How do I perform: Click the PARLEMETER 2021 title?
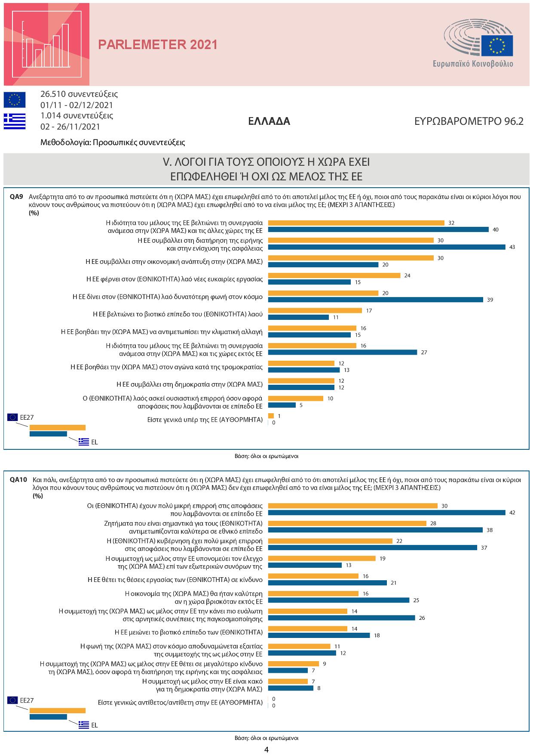pos(158,45)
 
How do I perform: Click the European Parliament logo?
pos(478,46)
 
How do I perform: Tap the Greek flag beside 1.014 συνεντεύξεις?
pos(15,121)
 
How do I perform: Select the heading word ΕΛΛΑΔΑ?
pos(269,121)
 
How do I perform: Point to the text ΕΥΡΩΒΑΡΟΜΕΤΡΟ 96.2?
pos(469,121)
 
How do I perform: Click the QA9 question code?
pos(16,197)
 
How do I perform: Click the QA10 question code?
pos(18,480)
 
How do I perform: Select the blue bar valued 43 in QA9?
pos(386,247)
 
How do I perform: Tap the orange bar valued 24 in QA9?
pos(334,275)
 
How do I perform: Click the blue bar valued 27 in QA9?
pos(343,352)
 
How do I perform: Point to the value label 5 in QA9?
pos(301,405)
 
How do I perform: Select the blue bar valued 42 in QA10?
pos(386,513)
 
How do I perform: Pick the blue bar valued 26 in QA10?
pos(341,618)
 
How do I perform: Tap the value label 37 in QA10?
pos(484,548)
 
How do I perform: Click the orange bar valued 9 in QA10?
pos(294,664)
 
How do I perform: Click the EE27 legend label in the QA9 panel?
pos(27,417)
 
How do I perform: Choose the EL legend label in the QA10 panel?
pos(95,725)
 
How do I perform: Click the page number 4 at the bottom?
pos(266,749)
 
